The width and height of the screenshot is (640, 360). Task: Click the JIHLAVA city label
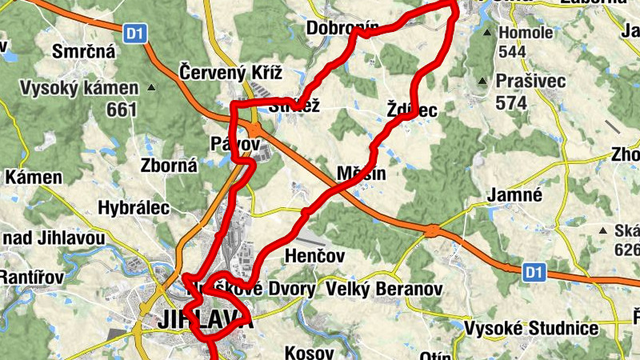(206, 320)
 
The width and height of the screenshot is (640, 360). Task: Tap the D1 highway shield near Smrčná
(135, 33)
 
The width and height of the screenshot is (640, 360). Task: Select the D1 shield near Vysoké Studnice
(534, 273)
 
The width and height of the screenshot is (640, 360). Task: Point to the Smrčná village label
(83, 53)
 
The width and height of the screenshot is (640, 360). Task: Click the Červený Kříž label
(231, 72)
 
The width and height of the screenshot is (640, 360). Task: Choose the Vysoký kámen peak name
(79, 87)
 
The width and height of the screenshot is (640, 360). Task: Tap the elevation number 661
(122, 109)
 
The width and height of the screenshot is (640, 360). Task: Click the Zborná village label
(169, 166)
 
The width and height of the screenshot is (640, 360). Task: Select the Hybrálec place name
(134, 208)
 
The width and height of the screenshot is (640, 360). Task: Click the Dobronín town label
(342, 29)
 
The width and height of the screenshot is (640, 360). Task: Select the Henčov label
(314, 256)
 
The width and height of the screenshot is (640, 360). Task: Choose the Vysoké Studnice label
(543, 329)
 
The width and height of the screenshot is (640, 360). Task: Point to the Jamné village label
(517, 195)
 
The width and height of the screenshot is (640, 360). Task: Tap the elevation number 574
(512, 103)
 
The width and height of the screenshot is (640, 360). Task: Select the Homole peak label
(526, 33)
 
